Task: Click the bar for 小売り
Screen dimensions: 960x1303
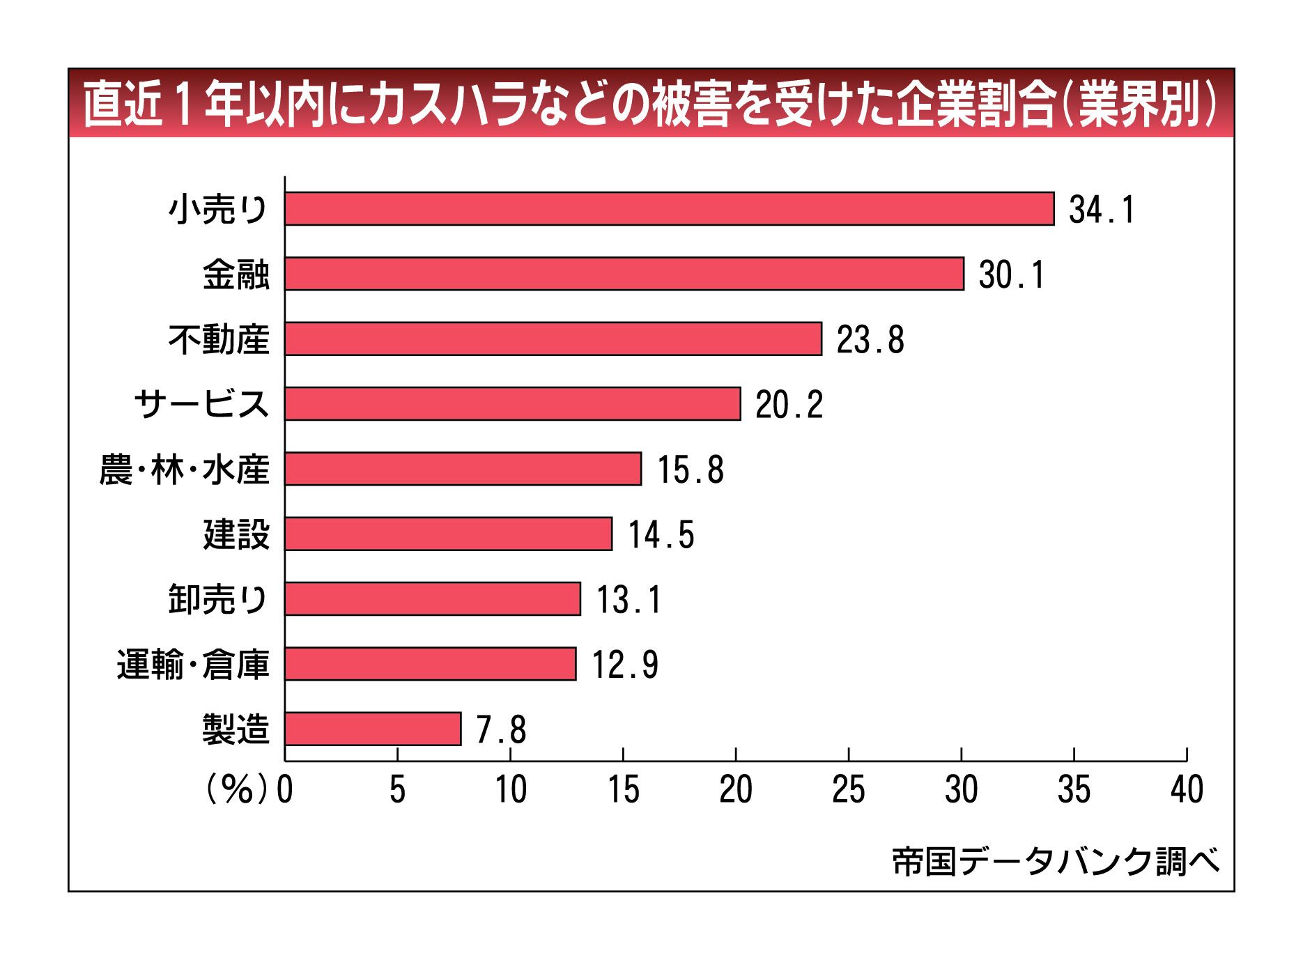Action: tap(669, 209)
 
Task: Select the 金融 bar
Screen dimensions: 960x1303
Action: tap(624, 274)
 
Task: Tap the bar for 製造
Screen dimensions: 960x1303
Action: tap(373, 729)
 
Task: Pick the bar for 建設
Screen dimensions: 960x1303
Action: tap(448, 534)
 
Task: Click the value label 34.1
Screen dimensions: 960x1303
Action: tap(1102, 210)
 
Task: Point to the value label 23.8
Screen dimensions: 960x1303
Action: tap(870, 339)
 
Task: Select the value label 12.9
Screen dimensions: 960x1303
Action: tap(625, 664)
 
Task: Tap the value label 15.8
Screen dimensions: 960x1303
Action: tap(690, 469)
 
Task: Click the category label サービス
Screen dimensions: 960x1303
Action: tap(201, 404)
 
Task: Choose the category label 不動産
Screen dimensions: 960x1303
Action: tap(219, 339)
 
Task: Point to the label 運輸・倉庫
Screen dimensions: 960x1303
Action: tap(193, 664)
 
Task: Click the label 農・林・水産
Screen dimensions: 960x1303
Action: tap(184, 469)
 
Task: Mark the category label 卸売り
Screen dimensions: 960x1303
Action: tap(218, 599)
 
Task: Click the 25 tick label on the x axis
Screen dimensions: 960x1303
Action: tap(848, 790)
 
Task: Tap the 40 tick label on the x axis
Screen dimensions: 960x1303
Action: tap(1187, 790)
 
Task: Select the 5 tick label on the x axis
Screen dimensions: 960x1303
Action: tap(397, 790)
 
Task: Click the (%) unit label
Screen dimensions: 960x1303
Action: tap(236, 790)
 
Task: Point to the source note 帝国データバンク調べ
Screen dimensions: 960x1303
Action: tap(1056, 862)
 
